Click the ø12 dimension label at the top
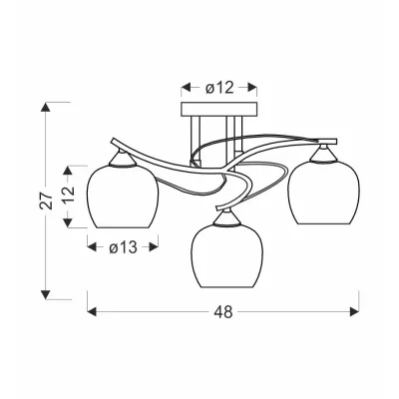(x=219, y=88)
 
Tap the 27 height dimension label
(x=46, y=200)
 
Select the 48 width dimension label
(x=223, y=312)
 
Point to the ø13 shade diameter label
(x=123, y=247)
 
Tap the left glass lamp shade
(x=123, y=197)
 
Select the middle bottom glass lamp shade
(x=227, y=255)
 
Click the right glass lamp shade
(x=324, y=193)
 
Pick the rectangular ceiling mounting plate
(x=219, y=109)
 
